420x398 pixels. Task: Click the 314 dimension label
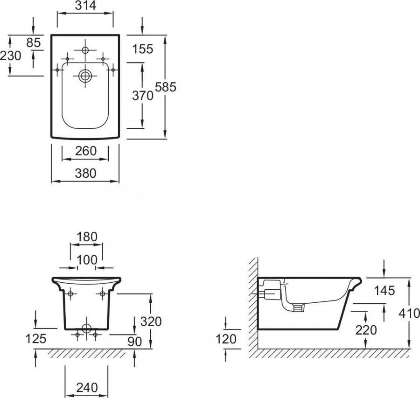pyautogui.click(x=85, y=5)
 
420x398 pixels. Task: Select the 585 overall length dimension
pyautogui.click(x=166, y=87)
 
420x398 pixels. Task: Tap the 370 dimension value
pyautogui.click(x=142, y=96)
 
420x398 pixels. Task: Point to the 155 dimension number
pyautogui.click(x=143, y=49)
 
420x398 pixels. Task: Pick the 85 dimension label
pyautogui.click(x=34, y=42)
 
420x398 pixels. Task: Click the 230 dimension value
pyautogui.click(x=10, y=56)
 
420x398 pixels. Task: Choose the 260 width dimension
pyautogui.click(x=85, y=151)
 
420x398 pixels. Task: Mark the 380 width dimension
pyautogui.click(x=85, y=173)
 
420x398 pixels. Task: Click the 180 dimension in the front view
pyautogui.click(x=87, y=237)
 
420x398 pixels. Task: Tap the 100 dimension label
pyautogui.click(x=87, y=260)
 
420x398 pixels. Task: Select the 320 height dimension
pyautogui.click(x=151, y=321)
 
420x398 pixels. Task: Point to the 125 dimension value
pyautogui.click(x=35, y=339)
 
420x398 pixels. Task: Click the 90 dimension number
pyautogui.click(x=134, y=342)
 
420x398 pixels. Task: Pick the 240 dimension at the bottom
pyautogui.click(x=87, y=388)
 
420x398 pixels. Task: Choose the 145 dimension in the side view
pyautogui.click(x=384, y=291)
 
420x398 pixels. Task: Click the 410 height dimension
pyautogui.click(x=409, y=313)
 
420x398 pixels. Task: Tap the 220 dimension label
pyautogui.click(x=366, y=330)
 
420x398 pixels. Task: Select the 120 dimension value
pyautogui.click(x=226, y=339)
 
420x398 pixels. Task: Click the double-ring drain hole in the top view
pyautogui.click(x=85, y=76)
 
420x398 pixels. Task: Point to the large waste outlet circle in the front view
pyautogui.click(x=86, y=328)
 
